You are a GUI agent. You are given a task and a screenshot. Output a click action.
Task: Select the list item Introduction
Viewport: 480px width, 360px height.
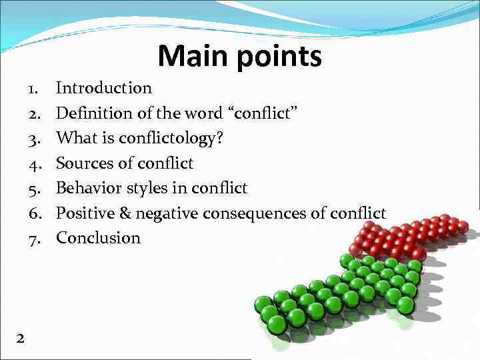coord(103,87)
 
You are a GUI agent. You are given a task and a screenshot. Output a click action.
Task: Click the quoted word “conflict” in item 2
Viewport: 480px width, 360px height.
coord(264,113)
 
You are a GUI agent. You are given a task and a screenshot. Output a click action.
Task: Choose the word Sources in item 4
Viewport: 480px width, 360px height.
coord(81,163)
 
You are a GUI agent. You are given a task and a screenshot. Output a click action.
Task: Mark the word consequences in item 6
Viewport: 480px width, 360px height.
coord(251,213)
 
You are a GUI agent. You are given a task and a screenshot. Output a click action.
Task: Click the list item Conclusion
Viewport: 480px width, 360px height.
coord(98,238)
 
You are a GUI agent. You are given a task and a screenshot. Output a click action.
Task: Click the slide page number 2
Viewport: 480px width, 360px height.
coord(20,339)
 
